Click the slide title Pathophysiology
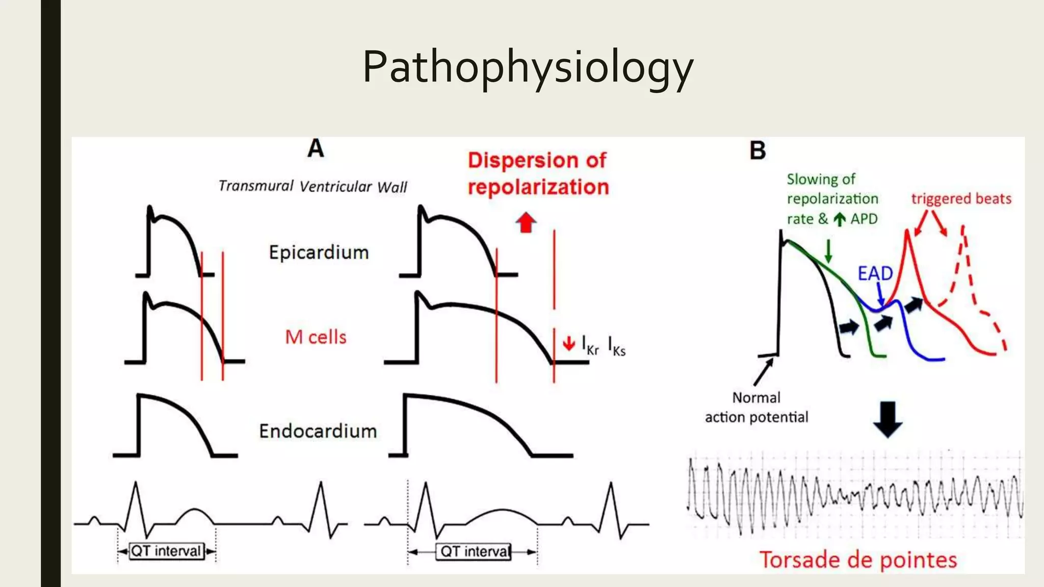(528, 67)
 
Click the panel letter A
(316, 148)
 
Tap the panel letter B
(758, 150)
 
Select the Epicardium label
(319, 252)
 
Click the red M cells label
(316, 337)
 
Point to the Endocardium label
(318, 431)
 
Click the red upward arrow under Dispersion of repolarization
(526, 222)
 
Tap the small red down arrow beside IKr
(568, 344)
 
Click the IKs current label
(616, 346)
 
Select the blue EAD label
(875, 274)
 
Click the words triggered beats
(961, 198)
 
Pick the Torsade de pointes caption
(858, 559)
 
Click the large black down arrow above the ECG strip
(888, 419)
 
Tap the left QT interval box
(166, 551)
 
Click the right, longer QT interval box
(474, 551)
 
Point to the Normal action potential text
(756, 407)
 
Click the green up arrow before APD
(839, 219)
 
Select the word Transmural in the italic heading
(256, 185)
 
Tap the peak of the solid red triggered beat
(907, 232)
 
